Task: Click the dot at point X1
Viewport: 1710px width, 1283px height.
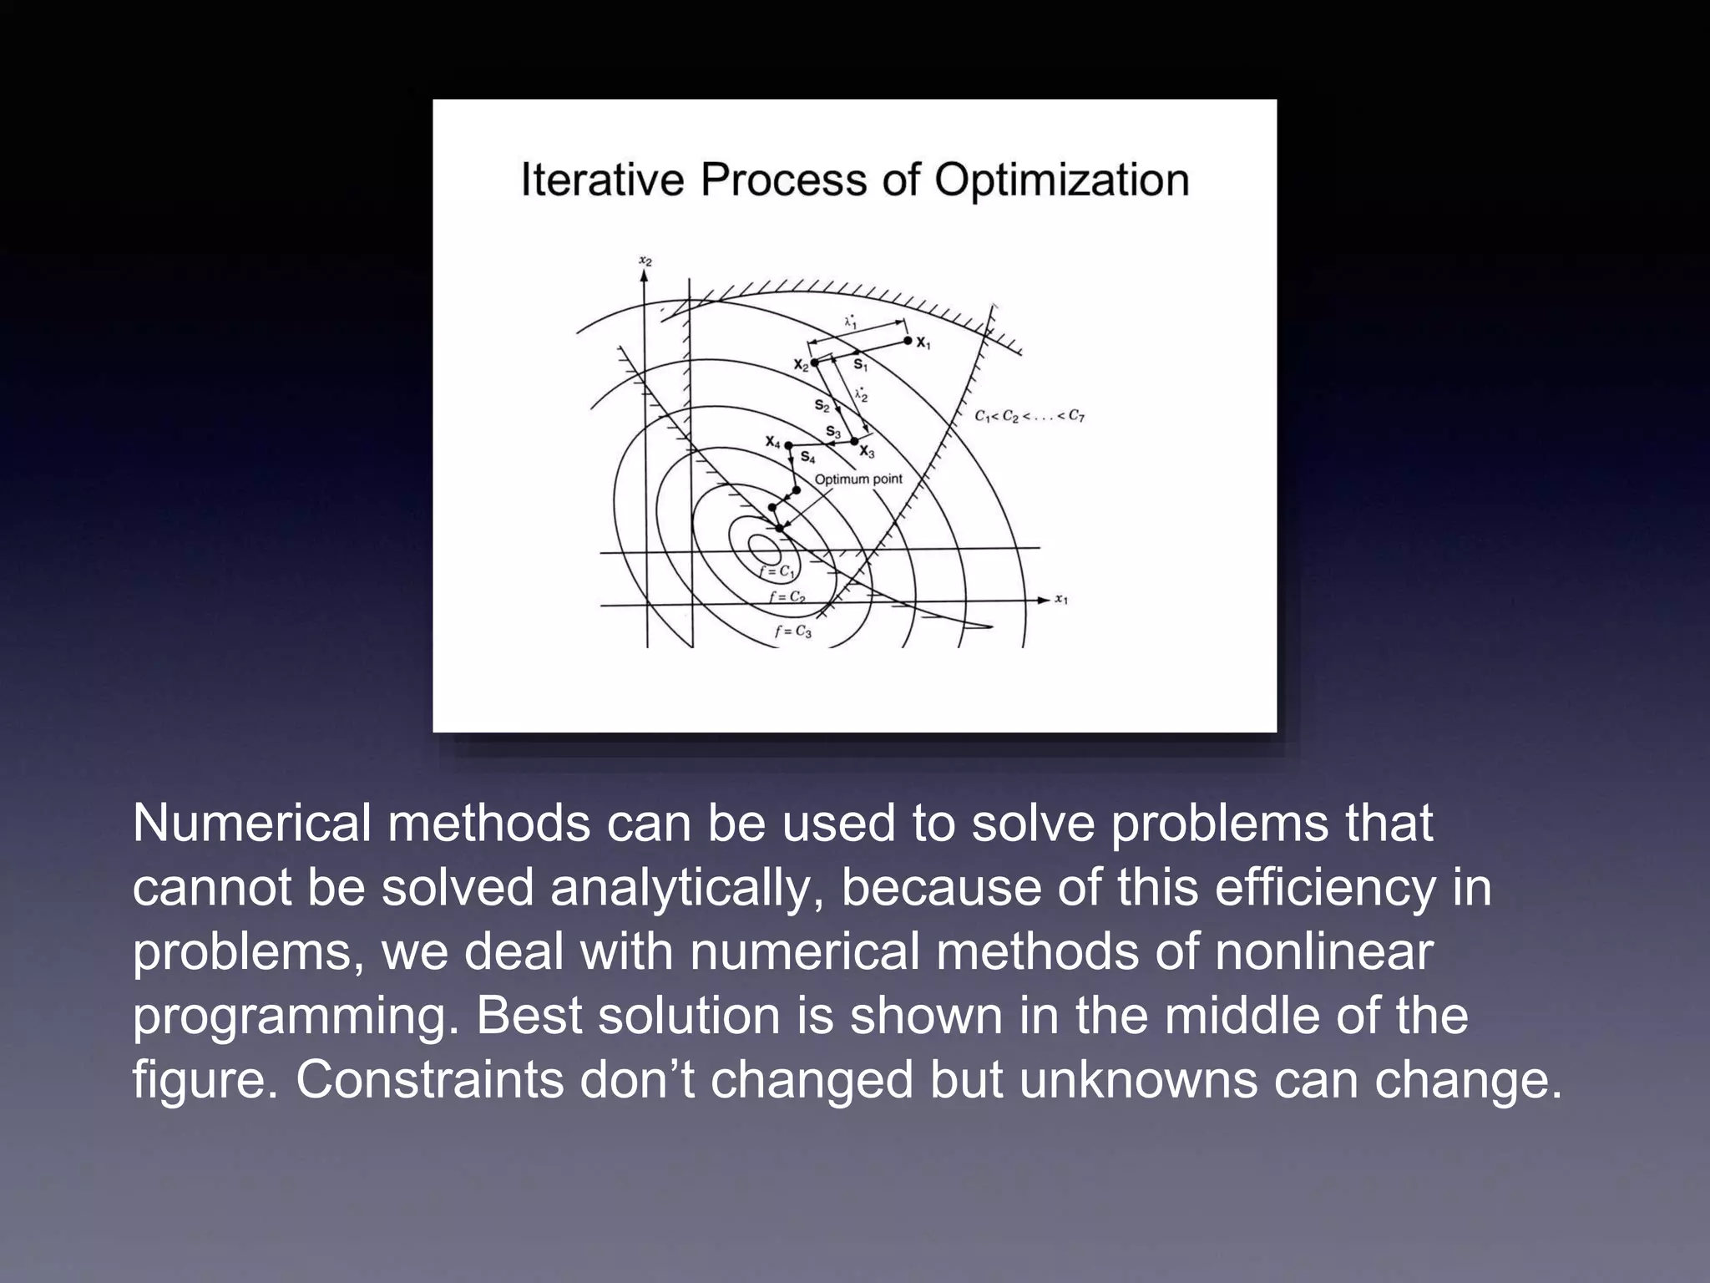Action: point(908,341)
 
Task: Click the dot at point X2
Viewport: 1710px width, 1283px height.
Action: point(815,363)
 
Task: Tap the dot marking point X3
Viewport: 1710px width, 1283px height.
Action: point(855,441)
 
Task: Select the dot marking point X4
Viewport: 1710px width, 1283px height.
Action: point(788,445)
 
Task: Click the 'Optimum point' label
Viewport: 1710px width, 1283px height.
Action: point(858,479)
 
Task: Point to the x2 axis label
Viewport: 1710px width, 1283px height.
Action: point(645,261)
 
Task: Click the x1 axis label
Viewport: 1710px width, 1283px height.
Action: point(1061,599)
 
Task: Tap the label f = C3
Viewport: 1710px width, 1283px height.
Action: point(793,631)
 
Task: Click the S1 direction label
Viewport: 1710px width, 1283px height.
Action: point(860,365)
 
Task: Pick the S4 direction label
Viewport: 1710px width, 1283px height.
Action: point(807,457)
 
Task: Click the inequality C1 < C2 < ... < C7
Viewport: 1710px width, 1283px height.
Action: point(1030,416)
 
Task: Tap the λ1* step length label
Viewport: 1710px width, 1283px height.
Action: point(851,321)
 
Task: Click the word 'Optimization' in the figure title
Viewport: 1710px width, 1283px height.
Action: point(1061,180)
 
